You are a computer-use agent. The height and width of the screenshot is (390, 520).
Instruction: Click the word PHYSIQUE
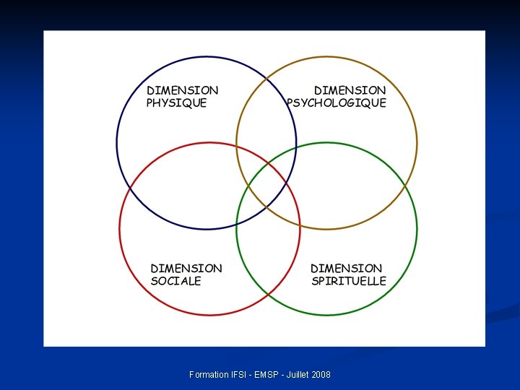pos(176,103)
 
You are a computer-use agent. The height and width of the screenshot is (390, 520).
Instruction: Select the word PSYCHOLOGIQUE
pos(337,103)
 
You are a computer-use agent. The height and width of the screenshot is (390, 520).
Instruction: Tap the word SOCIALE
pos(175,281)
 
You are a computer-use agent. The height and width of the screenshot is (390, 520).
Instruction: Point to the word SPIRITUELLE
pos(349,281)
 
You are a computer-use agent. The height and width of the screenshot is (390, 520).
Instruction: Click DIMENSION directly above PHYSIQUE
pos(182,90)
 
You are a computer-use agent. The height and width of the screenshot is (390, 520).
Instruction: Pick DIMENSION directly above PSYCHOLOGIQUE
pos(350,90)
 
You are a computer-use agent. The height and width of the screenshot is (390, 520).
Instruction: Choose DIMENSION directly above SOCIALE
pos(186,268)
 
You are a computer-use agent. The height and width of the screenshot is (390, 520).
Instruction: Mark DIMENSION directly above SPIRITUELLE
pos(347,268)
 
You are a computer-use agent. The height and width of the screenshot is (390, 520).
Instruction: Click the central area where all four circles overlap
pos(267,186)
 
